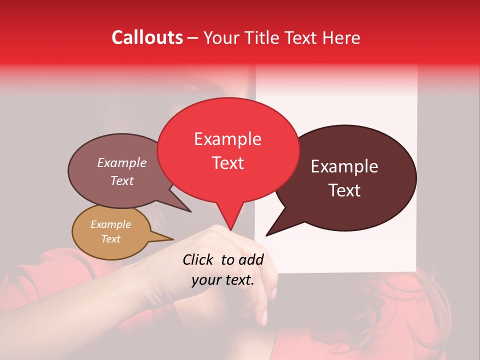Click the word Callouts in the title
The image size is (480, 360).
pyautogui.click(x=147, y=37)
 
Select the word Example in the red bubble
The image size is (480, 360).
pyautogui.click(x=227, y=139)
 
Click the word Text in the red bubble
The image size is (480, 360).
pyautogui.click(x=227, y=163)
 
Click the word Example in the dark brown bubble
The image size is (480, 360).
pyautogui.click(x=344, y=166)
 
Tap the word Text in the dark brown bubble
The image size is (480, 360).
pyautogui.click(x=345, y=190)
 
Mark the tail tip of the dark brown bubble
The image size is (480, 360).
pyautogui.click(x=266, y=235)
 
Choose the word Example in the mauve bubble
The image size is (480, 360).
pyautogui.click(x=122, y=162)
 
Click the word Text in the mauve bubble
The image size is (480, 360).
pyautogui.click(x=122, y=180)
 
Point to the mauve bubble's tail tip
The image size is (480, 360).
pyautogui.click(x=191, y=212)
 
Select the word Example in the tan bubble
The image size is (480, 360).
pyautogui.click(x=110, y=224)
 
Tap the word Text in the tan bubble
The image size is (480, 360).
pyautogui.click(x=110, y=239)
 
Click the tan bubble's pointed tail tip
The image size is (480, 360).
pyautogui.click(x=173, y=239)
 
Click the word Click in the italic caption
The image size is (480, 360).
pyautogui.click(x=198, y=259)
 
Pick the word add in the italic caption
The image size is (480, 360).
pyautogui.click(x=250, y=259)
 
